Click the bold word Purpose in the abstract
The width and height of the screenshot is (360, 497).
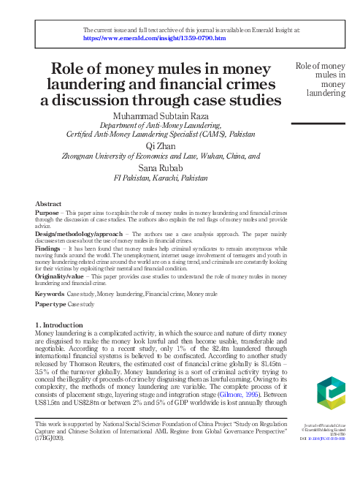pyautogui.click(x=47, y=211)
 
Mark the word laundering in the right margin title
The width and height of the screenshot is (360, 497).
pyautogui.click(x=326, y=93)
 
